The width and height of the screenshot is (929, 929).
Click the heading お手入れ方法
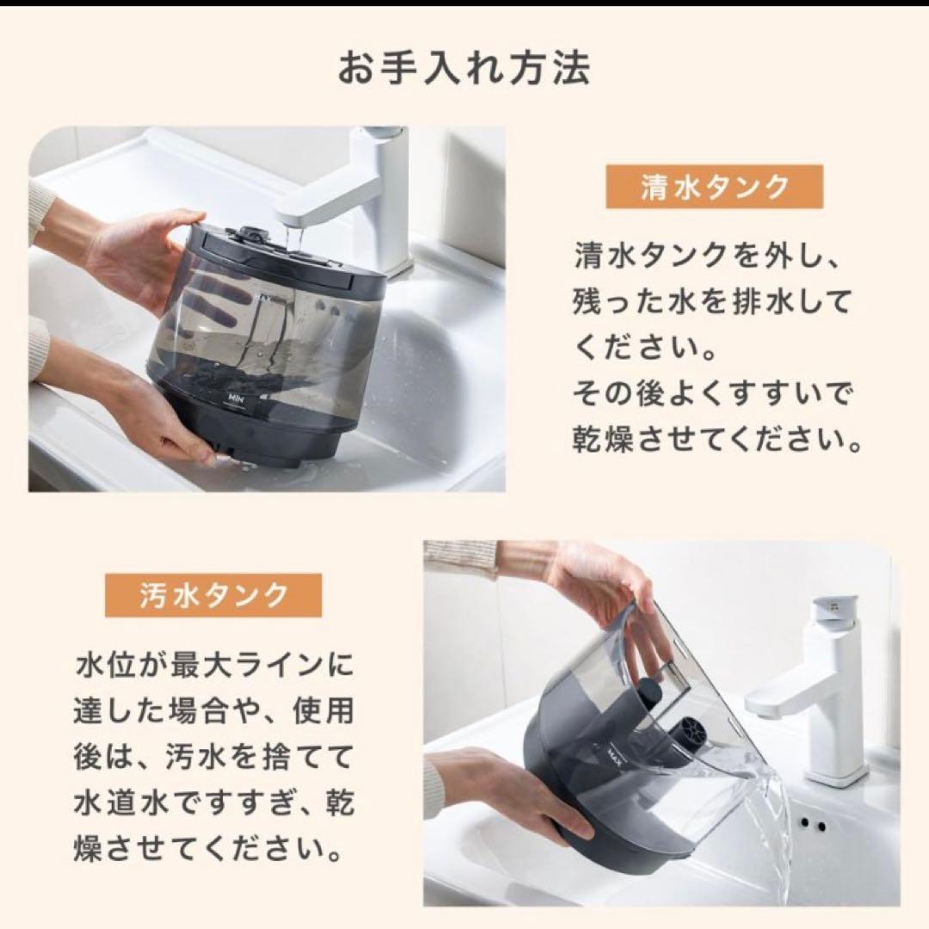[464, 69]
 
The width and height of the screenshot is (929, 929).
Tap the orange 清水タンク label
[714, 188]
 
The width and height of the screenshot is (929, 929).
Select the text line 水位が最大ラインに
[214, 664]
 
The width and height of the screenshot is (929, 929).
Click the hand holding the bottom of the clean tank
[163, 421]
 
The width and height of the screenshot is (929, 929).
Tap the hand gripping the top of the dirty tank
[602, 585]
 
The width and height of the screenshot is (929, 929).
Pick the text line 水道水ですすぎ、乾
[214, 805]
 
